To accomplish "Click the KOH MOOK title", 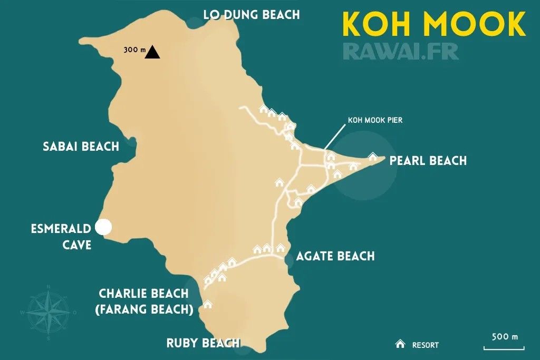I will [433, 24].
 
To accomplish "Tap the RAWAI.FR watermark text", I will [401, 51].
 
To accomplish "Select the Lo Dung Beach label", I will [252, 14].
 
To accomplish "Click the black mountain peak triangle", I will [153, 52].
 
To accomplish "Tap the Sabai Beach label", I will [81, 146].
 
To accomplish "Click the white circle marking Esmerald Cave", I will [104, 227].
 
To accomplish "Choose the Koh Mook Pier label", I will [375, 120].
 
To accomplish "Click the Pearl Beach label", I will [428, 160].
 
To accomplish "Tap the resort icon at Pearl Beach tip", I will [373, 156].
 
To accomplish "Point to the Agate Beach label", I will [335, 256].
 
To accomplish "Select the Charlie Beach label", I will [143, 293].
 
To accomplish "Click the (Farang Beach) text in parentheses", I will [143, 309].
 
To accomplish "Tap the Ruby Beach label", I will [203, 343].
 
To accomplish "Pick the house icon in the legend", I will [400, 344].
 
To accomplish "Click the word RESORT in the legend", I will [426, 345].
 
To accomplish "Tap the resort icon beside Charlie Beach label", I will [208, 304].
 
